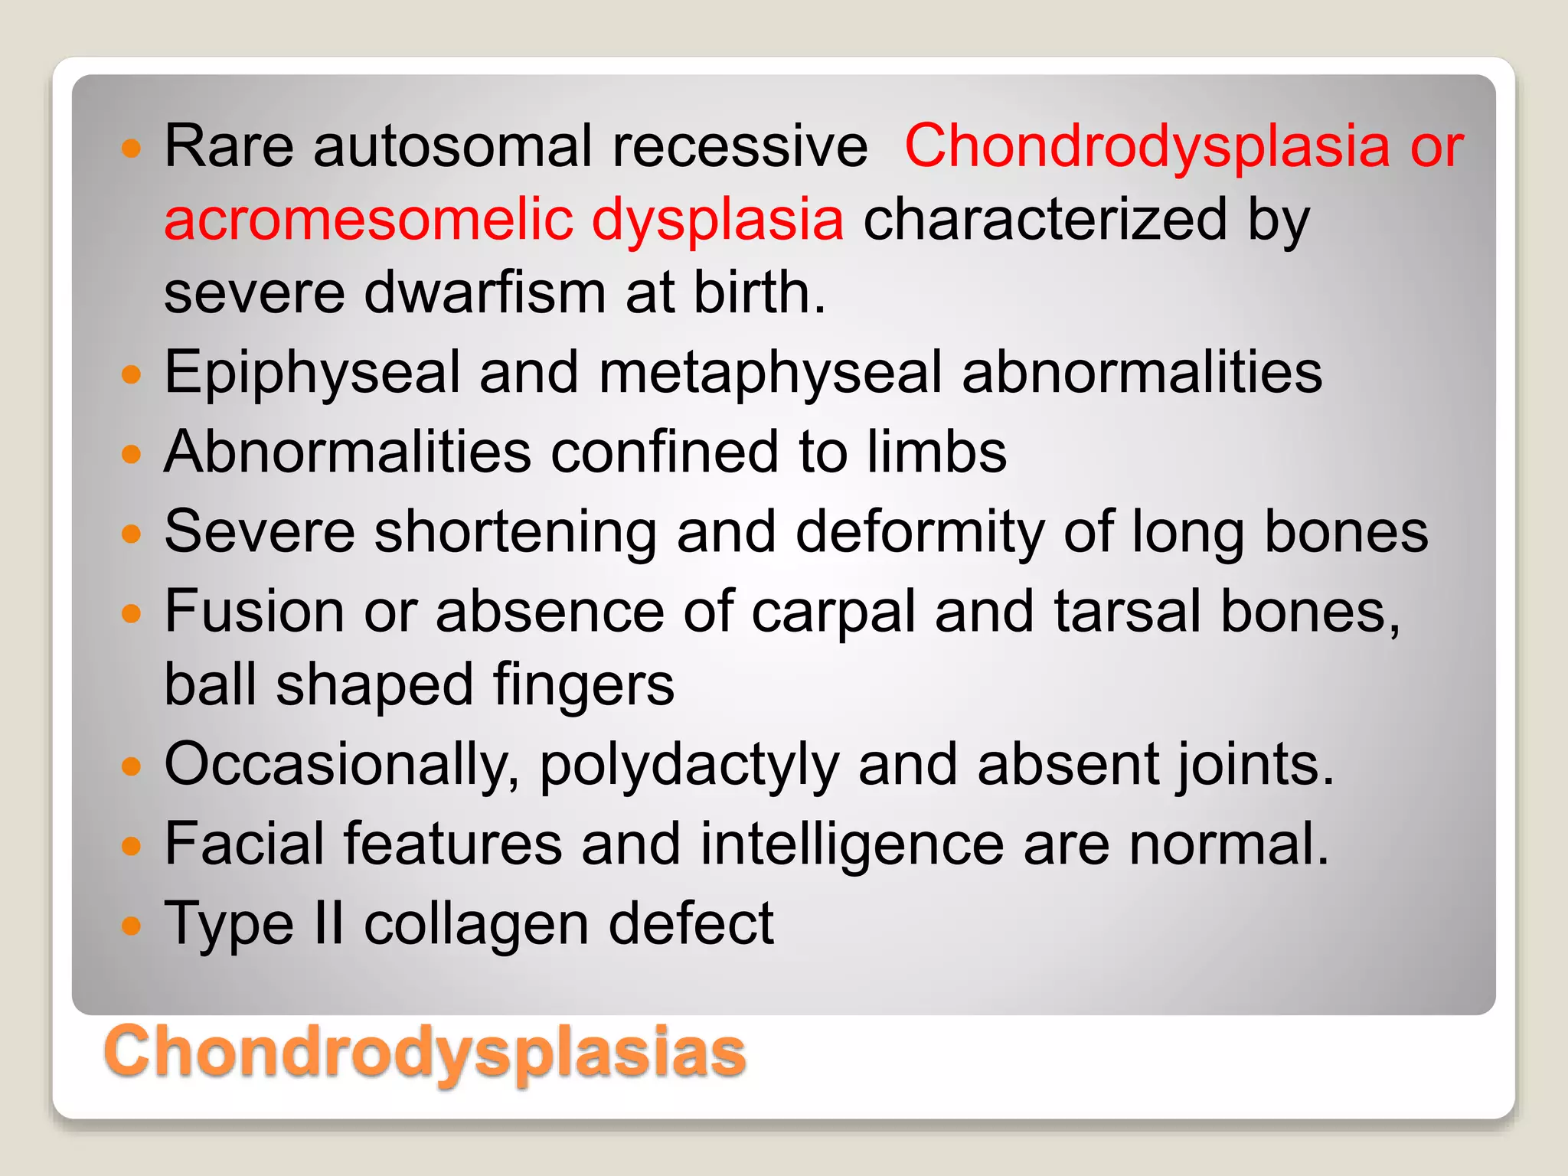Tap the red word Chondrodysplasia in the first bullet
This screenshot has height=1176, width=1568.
coord(1147,145)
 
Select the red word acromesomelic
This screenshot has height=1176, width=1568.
coord(368,219)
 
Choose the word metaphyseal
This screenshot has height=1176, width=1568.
coord(770,373)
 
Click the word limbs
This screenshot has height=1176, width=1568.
coord(936,452)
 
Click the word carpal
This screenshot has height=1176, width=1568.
coord(833,612)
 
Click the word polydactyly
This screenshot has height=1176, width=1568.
coord(689,765)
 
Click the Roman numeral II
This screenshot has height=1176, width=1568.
coord(329,924)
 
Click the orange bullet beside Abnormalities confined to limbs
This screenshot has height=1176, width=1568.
coord(132,453)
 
